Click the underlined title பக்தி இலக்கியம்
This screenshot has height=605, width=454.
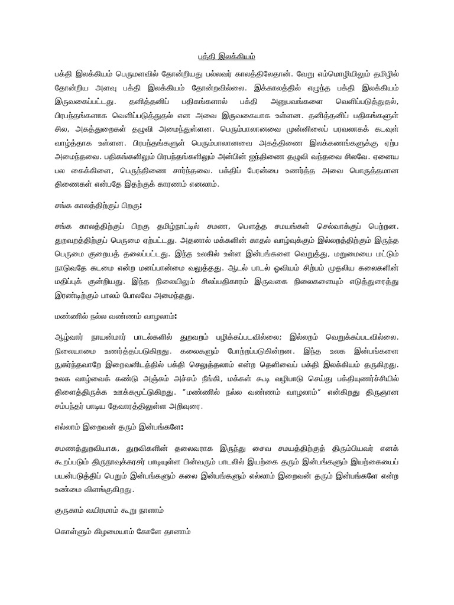click(226, 57)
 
